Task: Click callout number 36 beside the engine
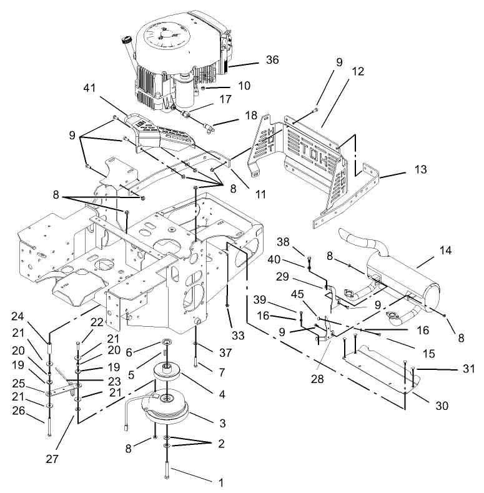coord(271,60)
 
